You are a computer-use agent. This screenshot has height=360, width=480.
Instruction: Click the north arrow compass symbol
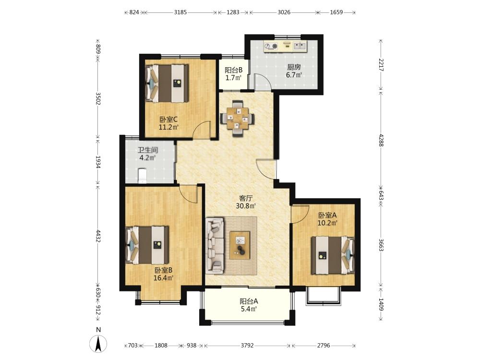tap(98, 344)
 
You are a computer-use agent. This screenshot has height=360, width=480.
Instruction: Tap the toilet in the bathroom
tap(143, 176)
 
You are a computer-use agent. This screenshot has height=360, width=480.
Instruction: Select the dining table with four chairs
tap(237, 118)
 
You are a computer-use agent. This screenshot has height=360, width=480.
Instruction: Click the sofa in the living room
tap(215, 245)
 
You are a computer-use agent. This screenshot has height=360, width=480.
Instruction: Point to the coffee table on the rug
tap(240, 245)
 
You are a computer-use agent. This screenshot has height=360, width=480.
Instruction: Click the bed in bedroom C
tap(167, 83)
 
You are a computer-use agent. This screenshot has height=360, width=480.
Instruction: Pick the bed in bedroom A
tap(333, 255)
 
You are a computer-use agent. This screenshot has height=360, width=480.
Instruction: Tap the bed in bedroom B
tap(147, 245)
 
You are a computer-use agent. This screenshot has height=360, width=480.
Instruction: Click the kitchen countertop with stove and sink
tap(285, 46)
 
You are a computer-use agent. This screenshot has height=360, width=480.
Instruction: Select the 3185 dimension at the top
tap(180, 12)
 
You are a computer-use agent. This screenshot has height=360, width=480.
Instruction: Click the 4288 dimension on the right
tap(381, 140)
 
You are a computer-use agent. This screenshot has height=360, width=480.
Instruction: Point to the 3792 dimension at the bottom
tap(247, 345)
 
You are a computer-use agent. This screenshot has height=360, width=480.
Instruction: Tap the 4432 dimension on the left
tap(98, 236)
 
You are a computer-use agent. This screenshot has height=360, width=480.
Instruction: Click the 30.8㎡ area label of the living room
tap(246, 206)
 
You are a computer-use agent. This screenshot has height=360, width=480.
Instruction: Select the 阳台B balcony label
tap(234, 70)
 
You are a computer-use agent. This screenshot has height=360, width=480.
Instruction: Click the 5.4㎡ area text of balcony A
tap(249, 309)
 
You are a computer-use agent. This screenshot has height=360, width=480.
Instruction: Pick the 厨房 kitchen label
tap(294, 67)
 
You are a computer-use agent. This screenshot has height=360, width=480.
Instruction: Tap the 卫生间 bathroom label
tap(147, 150)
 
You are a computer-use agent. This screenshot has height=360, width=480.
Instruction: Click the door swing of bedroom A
tap(300, 214)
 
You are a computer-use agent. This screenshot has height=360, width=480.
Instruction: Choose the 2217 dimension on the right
tap(381, 65)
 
